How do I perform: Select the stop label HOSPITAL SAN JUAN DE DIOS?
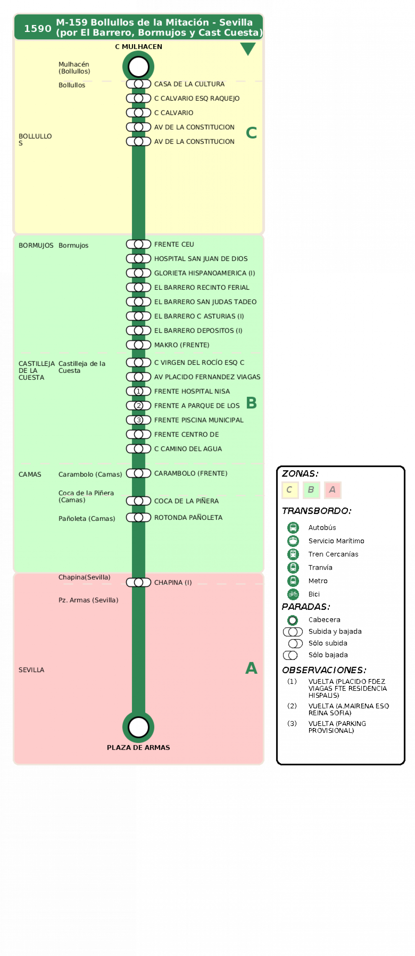click(x=201, y=259)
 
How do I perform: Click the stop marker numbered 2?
click(x=138, y=406)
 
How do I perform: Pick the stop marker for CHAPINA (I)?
click(x=138, y=582)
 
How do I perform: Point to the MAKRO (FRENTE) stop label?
click(x=182, y=345)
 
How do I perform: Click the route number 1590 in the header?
click(x=37, y=28)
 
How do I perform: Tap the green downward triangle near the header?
click(x=248, y=49)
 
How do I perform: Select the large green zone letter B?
click(x=252, y=403)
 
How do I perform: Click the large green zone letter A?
click(x=252, y=668)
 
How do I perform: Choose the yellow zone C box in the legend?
click(x=290, y=490)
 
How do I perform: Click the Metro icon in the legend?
click(x=293, y=581)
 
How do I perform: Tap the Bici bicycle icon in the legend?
click(x=293, y=594)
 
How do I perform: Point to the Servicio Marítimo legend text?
click(x=336, y=541)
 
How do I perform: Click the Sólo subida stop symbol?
click(x=295, y=643)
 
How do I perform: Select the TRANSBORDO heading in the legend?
click(x=316, y=511)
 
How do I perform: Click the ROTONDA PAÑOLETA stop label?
click(x=188, y=517)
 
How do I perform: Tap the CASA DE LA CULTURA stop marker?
click(x=138, y=84)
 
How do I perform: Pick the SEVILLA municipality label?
click(x=31, y=670)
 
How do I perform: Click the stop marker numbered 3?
click(x=138, y=420)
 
